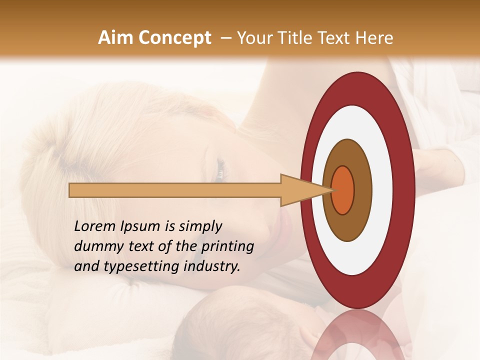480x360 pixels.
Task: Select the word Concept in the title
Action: [174, 38]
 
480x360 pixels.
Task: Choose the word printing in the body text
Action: [227, 247]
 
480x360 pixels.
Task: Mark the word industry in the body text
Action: [212, 267]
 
